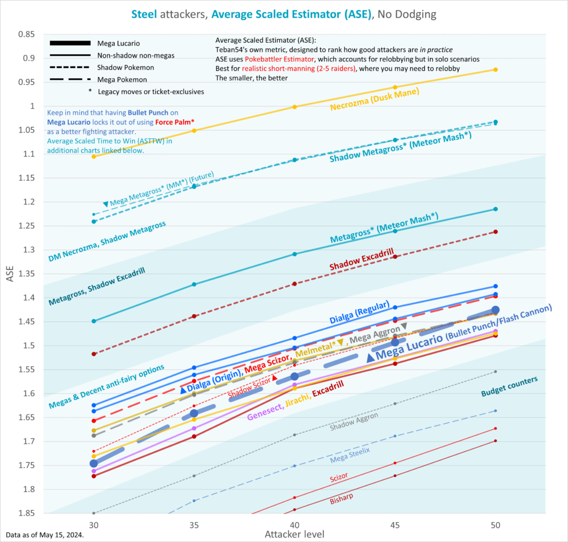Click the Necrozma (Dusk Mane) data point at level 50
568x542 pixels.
click(495, 69)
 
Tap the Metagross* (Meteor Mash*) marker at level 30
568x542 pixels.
click(94, 321)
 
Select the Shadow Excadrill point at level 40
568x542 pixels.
click(295, 284)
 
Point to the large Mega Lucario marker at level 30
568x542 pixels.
click(94, 463)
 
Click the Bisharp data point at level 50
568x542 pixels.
click(495, 441)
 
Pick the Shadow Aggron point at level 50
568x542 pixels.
click(495, 371)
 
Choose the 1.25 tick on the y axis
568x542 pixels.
click(26, 226)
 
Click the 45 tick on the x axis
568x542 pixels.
click(395, 524)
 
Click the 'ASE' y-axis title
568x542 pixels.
click(9, 274)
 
